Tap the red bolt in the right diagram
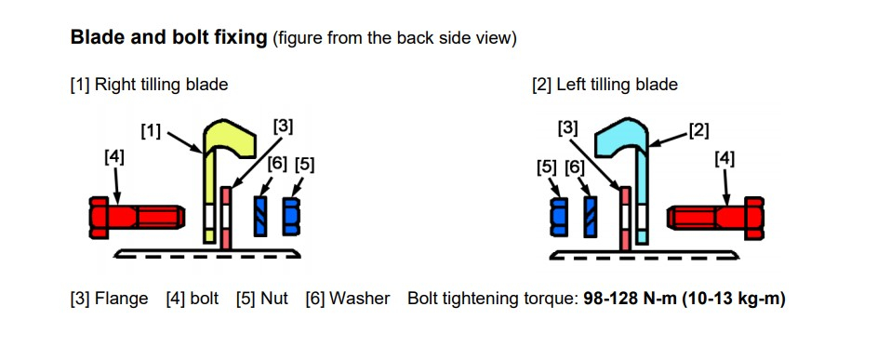point(716,217)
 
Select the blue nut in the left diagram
point(291,217)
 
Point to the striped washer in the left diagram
point(261,217)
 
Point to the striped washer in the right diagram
point(589,217)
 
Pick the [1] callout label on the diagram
point(151,132)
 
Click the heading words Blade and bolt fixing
point(168,39)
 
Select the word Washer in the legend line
point(364,300)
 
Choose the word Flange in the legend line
point(122,300)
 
